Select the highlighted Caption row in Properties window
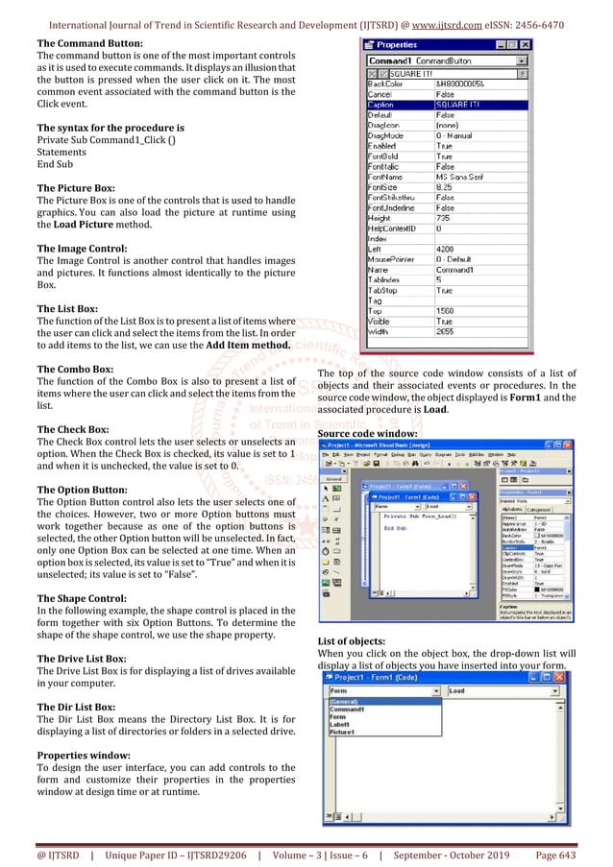[x=447, y=105]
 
